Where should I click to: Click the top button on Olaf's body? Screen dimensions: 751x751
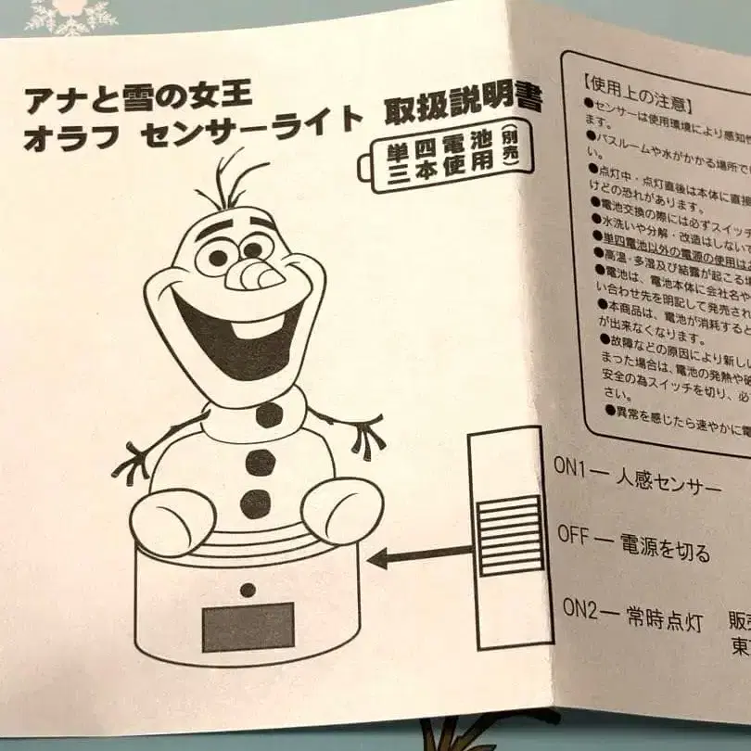269,414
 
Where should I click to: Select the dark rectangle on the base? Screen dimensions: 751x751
248,627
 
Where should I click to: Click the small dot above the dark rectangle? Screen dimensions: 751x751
248,590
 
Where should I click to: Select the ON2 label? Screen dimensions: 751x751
583,610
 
